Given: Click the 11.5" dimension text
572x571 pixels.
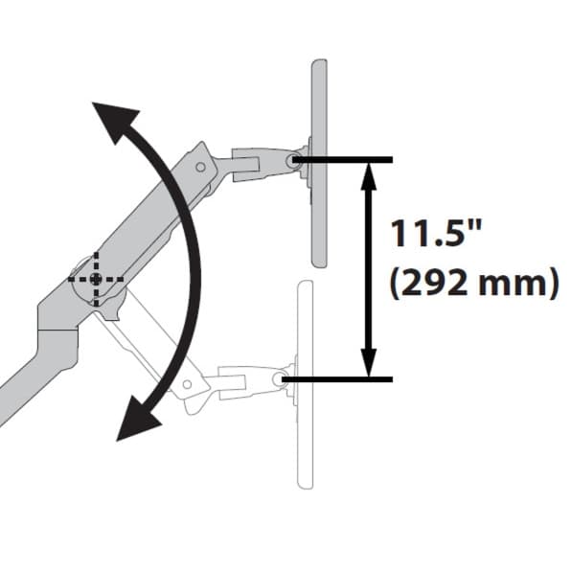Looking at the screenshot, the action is [x=436, y=234].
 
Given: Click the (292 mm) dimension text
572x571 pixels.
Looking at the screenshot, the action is [x=474, y=283].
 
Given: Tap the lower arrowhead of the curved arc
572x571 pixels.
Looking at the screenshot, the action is [x=139, y=420].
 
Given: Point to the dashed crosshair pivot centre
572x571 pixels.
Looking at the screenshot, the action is [x=96, y=279].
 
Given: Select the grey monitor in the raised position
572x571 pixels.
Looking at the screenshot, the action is [x=319, y=163].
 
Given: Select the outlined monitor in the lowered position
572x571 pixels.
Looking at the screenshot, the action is [x=306, y=385].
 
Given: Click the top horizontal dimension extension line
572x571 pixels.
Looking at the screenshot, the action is [x=343, y=160].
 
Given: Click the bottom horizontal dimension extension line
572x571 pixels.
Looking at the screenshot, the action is [x=337, y=379].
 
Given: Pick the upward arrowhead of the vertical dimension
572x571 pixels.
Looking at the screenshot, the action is [x=369, y=176].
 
